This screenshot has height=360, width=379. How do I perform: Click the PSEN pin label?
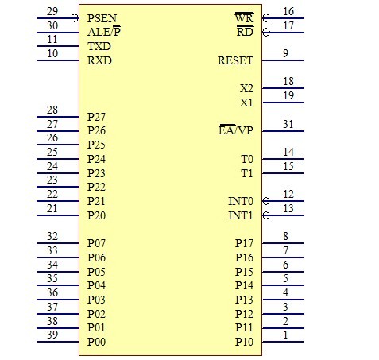102,18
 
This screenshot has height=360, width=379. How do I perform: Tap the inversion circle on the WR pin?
266,18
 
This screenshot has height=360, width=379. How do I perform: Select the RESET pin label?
235,60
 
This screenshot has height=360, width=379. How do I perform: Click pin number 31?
288,124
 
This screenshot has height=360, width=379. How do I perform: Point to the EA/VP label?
236,130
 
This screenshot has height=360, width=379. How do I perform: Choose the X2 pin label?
246,88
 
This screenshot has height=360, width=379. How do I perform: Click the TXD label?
99,46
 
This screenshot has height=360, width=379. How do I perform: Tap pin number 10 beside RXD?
52,53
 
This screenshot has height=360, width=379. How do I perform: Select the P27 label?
96,117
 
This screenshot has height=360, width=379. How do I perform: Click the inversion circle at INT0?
266,201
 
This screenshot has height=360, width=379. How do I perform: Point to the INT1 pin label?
241,215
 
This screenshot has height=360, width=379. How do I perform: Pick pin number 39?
52,335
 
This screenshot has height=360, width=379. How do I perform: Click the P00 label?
96,342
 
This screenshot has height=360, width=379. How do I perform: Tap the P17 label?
244,243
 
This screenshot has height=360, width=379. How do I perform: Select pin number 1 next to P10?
285,335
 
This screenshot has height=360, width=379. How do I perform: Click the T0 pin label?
247,159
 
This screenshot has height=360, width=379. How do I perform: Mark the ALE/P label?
104,32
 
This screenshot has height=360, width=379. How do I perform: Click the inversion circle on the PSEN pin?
75,18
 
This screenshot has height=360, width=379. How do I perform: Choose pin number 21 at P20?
52,208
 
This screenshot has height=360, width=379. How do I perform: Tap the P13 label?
244,300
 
